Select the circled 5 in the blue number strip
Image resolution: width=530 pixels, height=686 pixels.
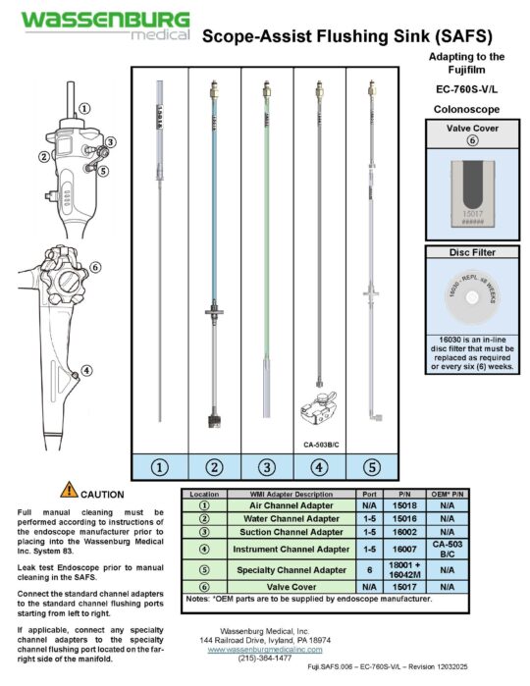(371, 466)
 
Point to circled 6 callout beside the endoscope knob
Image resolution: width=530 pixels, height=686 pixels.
(95, 267)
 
